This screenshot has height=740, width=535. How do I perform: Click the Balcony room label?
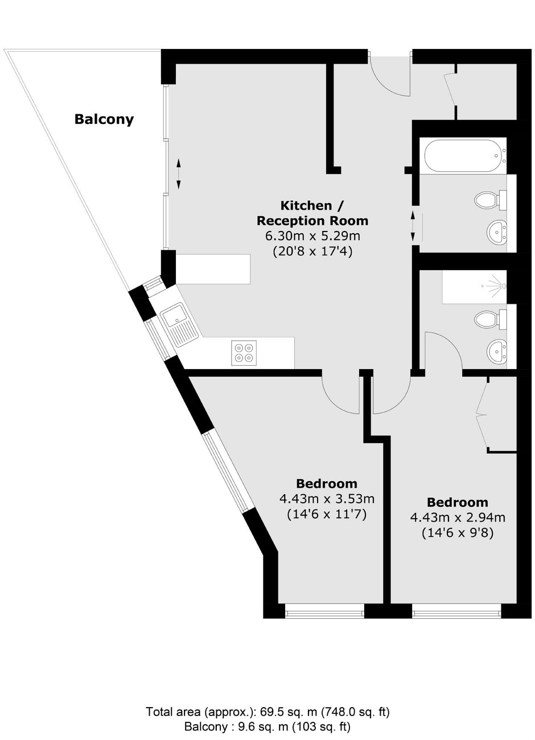104,119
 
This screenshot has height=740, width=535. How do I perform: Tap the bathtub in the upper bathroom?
463,155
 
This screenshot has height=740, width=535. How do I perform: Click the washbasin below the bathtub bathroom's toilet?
496,232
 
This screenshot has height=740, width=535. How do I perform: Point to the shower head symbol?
495,286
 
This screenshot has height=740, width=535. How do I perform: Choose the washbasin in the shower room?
496,352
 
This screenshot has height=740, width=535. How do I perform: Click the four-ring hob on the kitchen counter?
244,353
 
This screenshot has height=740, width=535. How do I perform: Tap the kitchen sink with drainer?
179,324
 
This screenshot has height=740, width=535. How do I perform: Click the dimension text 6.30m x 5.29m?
312,236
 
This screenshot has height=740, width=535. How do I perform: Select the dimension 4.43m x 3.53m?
327,498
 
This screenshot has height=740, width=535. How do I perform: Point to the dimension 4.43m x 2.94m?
458,517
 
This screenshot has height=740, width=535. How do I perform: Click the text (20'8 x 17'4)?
312,252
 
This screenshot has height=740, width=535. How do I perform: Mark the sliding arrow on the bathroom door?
413,226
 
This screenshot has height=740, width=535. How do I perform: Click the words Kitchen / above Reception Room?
311,205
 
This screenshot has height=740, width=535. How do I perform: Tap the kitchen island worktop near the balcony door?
213,269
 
